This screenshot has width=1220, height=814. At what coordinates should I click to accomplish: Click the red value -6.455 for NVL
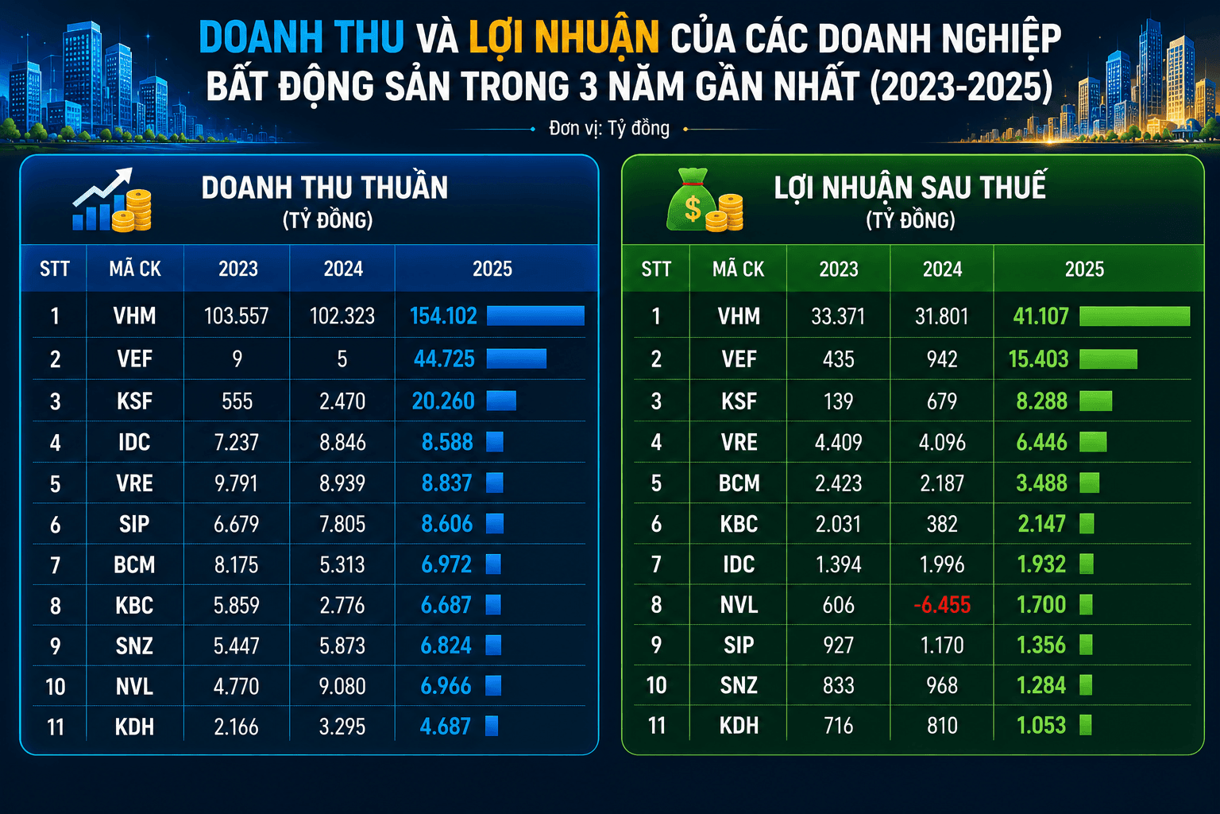[x=942, y=605]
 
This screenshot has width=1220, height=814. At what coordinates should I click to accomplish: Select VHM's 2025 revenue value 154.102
[x=443, y=316]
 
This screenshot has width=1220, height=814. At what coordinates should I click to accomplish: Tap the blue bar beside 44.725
[x=516, y=359]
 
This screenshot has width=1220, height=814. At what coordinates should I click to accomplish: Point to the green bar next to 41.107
[x=1134, y=316]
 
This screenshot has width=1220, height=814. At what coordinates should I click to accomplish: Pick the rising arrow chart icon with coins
[x=112, y=200]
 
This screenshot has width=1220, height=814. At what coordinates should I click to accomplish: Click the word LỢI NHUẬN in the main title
[x=564, y=37]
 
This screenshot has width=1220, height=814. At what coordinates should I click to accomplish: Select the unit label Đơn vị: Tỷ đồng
[x=609, y=129]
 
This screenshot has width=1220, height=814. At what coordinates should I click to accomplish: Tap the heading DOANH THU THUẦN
[x=325, y=188]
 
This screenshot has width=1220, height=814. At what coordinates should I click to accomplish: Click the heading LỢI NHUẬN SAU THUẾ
[x=910, y=187]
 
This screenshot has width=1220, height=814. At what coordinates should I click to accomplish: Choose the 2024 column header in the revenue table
[x=343, y=269]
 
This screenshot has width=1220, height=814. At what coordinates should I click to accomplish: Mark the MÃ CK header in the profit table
[x=738, y=269]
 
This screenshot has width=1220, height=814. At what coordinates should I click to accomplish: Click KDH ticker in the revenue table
[x=134, y=727]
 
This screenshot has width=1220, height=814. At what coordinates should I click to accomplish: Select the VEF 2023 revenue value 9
[x=237, y=359]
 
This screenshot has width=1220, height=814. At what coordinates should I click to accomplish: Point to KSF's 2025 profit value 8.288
[x=1041, y=401]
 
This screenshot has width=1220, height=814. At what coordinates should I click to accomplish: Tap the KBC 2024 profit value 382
[x=942, y=524]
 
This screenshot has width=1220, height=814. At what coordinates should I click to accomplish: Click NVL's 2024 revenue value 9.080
[x=342, y=687]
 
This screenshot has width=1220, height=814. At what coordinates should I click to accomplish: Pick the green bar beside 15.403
[x=1108, y=359]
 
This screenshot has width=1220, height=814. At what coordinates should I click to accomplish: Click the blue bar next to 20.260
[x=501, y=401]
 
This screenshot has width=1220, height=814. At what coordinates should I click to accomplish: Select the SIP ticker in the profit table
[x=739, y=645]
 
